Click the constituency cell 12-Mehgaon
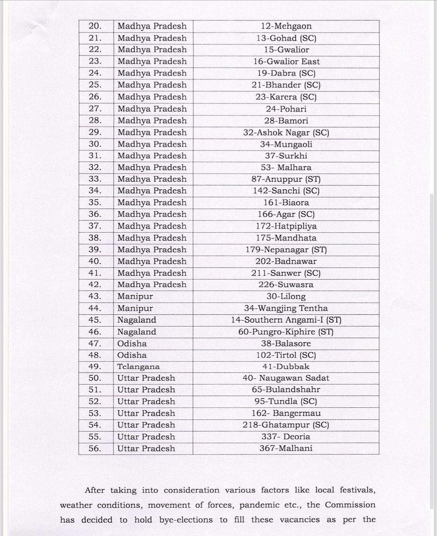286,26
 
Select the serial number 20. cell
95,26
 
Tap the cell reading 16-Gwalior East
286,61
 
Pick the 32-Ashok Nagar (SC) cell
286,132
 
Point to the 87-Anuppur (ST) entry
286,179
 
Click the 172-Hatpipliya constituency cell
286,226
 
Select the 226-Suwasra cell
286,285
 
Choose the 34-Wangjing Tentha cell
286,308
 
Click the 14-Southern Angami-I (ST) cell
286,320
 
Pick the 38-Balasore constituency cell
286,343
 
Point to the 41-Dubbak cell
286,367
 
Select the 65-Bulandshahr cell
286,390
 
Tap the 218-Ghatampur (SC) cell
286,425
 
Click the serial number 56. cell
95,448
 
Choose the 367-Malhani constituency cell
286,448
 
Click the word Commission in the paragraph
350,505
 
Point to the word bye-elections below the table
186,520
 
